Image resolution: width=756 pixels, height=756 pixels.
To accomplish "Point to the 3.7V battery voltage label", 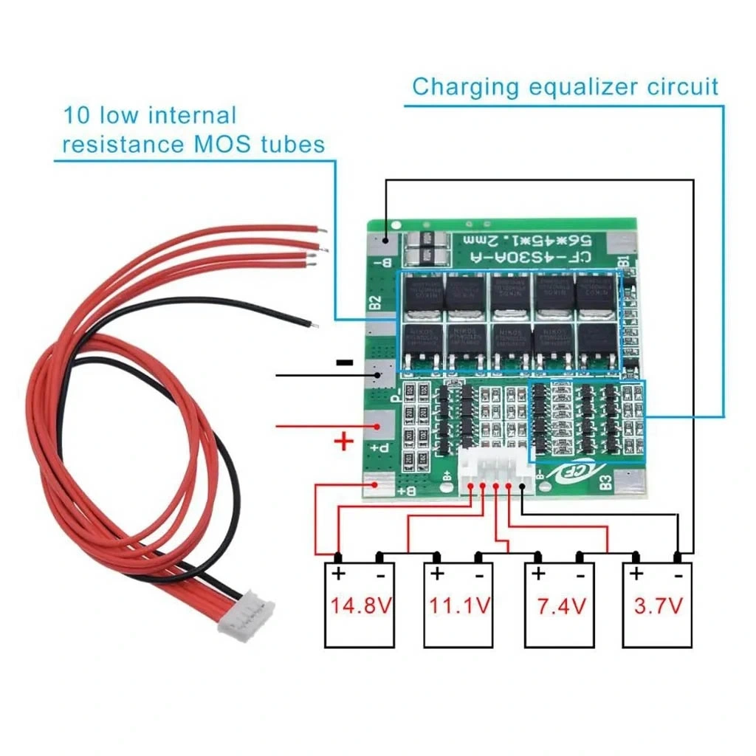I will point(659,606).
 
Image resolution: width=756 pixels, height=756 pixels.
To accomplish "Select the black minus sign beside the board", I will point(343,362).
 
